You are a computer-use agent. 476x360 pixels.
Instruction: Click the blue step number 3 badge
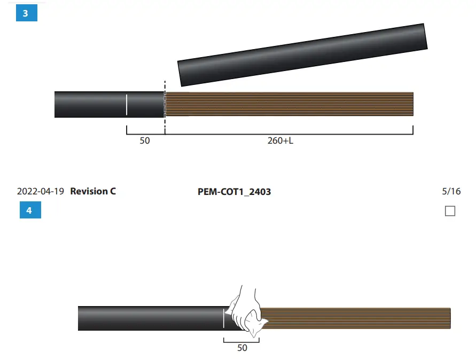26,13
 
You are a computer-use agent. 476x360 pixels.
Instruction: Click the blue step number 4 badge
30,210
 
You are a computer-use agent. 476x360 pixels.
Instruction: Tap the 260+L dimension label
280,142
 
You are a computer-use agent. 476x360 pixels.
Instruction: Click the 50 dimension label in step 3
145,142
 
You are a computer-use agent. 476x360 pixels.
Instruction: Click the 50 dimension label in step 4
242,348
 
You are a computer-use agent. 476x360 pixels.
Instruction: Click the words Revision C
93,191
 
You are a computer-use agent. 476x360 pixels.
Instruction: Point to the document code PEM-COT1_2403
234,191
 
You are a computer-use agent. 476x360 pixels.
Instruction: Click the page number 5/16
451,191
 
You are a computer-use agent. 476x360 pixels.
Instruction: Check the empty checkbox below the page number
450,211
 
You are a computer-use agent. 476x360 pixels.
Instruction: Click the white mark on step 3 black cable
127,104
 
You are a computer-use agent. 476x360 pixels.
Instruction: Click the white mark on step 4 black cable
223,318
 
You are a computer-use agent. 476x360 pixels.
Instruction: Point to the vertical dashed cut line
165,107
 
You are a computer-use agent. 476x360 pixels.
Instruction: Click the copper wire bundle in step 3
288,104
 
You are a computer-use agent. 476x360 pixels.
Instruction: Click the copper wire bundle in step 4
358,319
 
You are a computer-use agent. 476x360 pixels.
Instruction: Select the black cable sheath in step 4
150,318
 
